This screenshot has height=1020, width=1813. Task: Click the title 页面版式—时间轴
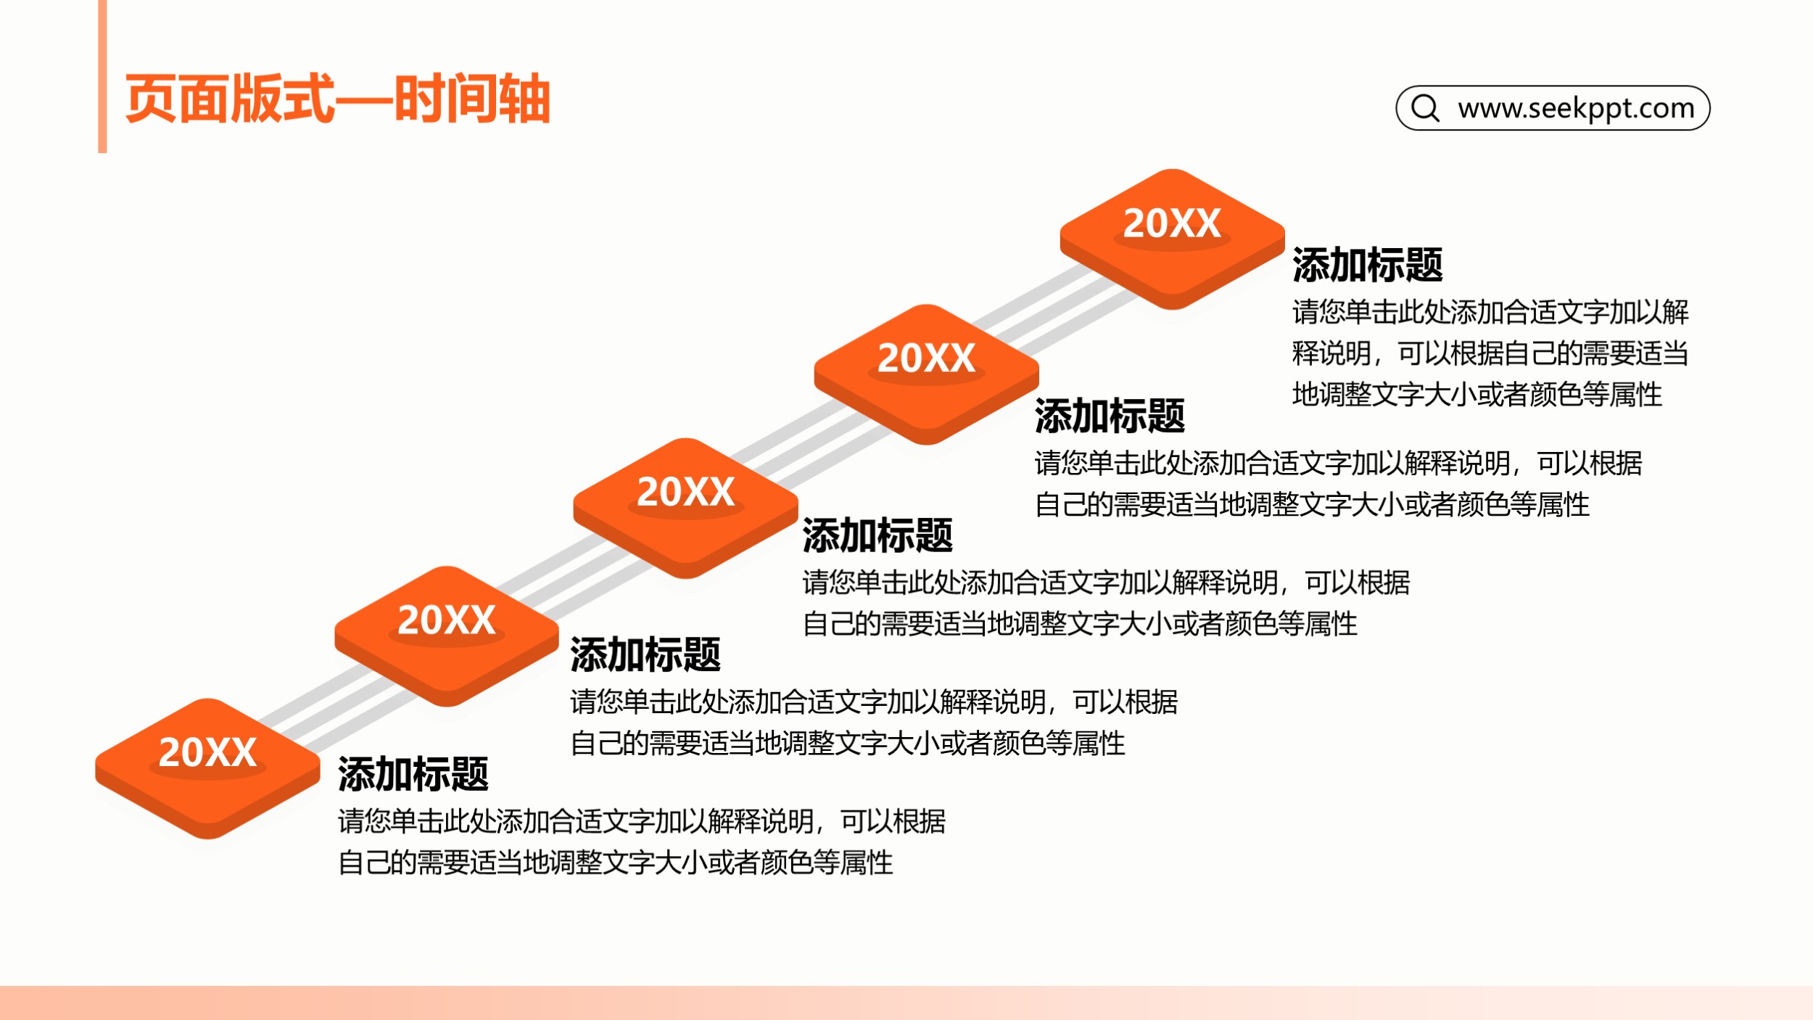338,99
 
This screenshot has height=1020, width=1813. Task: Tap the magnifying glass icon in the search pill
1425,108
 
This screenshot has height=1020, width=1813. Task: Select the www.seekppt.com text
1576,108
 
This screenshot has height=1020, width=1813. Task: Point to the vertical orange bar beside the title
102,76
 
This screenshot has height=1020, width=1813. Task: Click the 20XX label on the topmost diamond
1172,223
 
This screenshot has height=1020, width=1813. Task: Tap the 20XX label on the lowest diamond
207,752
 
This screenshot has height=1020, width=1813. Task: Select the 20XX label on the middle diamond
685,492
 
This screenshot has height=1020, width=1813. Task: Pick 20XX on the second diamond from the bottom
446,620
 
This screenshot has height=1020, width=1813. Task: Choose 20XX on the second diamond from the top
926,358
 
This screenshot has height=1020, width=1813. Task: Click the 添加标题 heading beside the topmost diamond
1367,265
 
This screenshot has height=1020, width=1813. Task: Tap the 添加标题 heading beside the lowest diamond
413,774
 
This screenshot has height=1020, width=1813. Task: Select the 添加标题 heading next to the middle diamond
877,535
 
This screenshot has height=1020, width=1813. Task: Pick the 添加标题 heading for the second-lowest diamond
645,654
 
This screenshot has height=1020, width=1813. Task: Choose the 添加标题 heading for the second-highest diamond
1110,416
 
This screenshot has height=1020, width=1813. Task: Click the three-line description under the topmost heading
1490,353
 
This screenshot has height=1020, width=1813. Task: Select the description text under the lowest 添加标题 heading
642,842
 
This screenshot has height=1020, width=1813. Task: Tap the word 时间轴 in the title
473,99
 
